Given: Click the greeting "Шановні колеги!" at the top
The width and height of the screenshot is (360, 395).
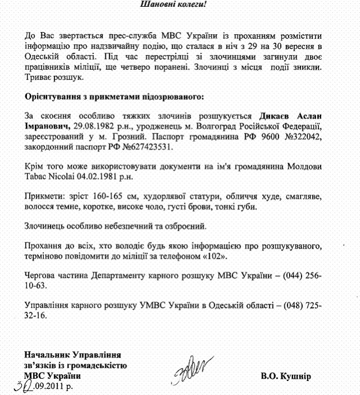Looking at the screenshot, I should pyautogui.click(x=179, y=5).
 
